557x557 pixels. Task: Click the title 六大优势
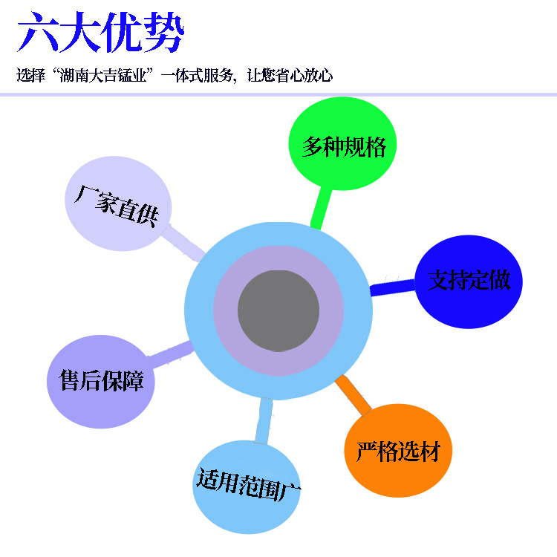(100, 33)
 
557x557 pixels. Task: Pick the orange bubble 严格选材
(398, 451)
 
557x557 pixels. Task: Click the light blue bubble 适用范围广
(247, 486)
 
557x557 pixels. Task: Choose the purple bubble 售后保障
(101, 382)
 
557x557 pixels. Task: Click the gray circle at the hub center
(278, 310)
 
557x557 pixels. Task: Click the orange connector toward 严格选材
(354, 394)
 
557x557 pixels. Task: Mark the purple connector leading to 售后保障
(170, 353)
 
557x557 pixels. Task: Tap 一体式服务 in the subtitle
(198, 76)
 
